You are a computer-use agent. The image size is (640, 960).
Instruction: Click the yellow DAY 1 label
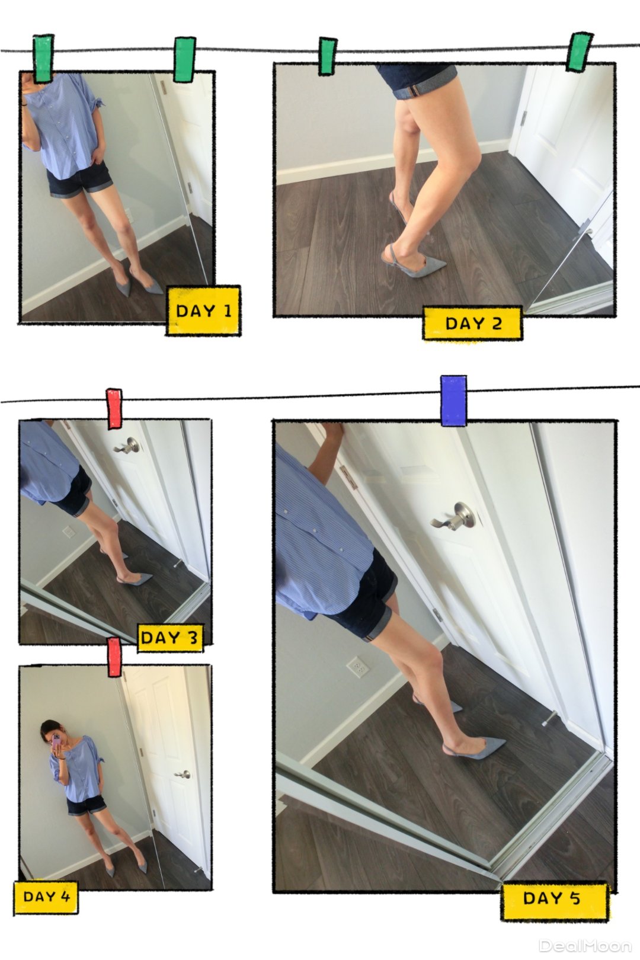tap(203, 311)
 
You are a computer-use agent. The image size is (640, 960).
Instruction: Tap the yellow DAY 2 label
tap(473, 323)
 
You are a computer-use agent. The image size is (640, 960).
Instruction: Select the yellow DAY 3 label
tap(170, 638)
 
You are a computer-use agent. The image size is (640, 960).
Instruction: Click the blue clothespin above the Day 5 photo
tap(453, 401)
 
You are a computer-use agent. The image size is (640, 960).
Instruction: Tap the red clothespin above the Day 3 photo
tap(114, 409)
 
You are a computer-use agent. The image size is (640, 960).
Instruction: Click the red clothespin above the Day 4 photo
tap(114, 657)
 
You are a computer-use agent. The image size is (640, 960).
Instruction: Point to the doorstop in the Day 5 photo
tap(549, 718)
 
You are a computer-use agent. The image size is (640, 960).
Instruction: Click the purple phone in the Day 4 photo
tap(56, 740)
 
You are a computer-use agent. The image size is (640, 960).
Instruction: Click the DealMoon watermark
tap(586, 946)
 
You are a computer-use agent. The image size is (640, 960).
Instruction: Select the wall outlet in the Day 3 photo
tap(69, 532)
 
